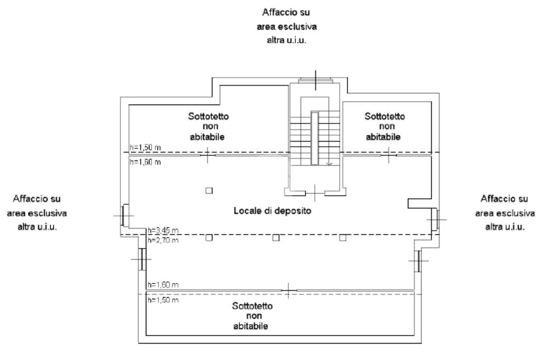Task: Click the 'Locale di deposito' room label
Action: [x=272, y=211]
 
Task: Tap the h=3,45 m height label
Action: [x=163, y=230]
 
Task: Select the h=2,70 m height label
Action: [x=163, y=240]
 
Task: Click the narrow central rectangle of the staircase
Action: [x=314, y=138]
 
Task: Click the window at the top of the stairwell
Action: [x=316, y=80]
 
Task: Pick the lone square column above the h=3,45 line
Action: [x=209, y=191]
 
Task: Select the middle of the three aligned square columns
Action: [x=276, y=238]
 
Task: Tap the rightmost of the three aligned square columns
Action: [x=342, y=238]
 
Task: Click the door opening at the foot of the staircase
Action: [x=315, y=193]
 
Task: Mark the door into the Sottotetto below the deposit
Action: [x=289, y=291]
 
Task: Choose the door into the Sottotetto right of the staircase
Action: [x=389, y=155]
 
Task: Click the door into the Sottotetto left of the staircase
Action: [x=208, y=155]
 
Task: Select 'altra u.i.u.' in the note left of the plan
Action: [x=38, y=227]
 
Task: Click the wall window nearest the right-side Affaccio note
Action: [x=435, y=219]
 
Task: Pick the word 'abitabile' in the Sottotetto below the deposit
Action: [x=251, y=326]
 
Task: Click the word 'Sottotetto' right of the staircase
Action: [x=385, y=117]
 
